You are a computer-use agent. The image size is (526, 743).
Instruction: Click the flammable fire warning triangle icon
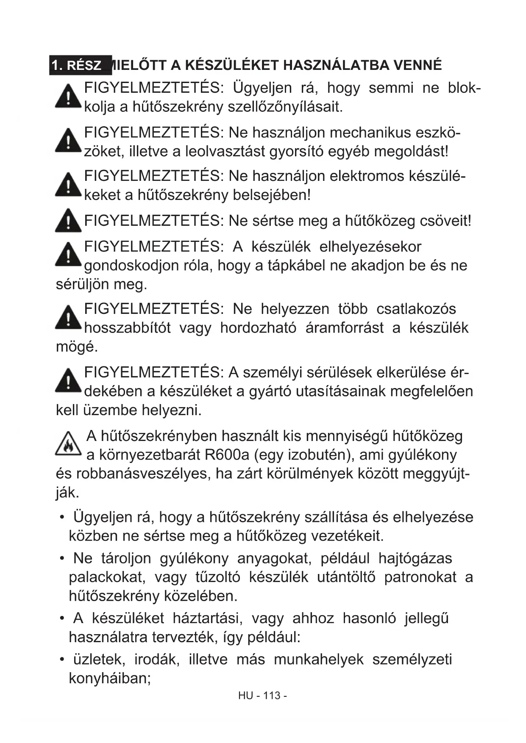pyautogui.click(x=68, y=444)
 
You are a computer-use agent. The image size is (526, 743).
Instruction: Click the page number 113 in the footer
pyautogui.click(x=272, y=696)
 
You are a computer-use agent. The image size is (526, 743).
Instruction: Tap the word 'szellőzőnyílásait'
pyautogui.click(x=285, y=107)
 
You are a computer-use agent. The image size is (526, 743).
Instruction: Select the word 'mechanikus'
pyautogui.click(x=370, y=133)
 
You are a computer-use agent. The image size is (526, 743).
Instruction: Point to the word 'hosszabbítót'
pyautogui.click(x=128, y=328)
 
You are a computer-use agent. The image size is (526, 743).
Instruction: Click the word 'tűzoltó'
pyautogui.click(x=217, y=577)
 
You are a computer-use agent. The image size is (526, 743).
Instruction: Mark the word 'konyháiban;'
pyautogui.click(x=110, y=678)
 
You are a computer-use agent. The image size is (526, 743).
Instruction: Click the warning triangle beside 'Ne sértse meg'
pyautogui.click(x=68, y=221)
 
